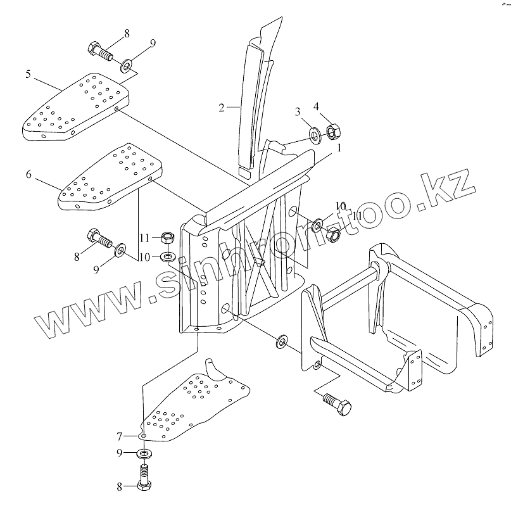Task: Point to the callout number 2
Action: coord(222,108)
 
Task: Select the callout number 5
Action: coord(28,73)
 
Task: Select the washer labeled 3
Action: coord(313,134)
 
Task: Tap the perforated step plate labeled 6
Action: coord(114,177)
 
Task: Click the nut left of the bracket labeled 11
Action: coord(168,238)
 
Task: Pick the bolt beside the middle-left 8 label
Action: coord(99,239)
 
